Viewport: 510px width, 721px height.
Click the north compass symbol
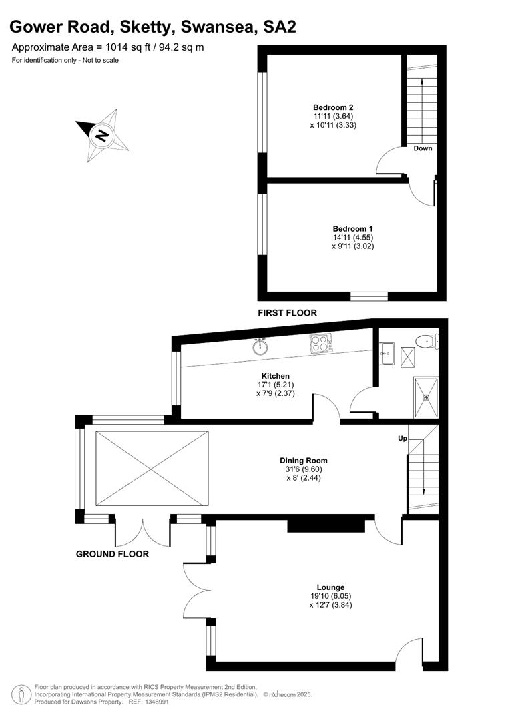[x=103, y=135]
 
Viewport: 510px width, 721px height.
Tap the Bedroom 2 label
[x=333, y=107]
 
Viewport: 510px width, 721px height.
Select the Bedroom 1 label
[x=352, y=229]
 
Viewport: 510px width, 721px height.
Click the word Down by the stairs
[x=423, y=148]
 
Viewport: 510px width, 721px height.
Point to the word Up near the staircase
[x=403, y=439]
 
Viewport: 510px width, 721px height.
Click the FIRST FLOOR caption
[x=288, y=313]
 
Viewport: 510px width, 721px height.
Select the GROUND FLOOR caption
[x=112, y=554]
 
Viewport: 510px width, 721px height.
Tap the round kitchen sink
[x=260, y=346]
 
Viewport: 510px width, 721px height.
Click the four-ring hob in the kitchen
[x=322, y=344]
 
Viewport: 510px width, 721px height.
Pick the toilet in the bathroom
[x=426, y=341]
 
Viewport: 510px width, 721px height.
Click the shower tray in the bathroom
[x=426, y=397]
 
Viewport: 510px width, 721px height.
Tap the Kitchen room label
[x=276, y=376]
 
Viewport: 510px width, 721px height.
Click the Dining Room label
[x=304, y=461]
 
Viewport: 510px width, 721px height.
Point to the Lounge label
[x=330, y=587]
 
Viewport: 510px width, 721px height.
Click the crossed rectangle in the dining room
[x=152, y=469]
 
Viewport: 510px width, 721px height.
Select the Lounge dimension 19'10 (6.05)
[x=330, y=596]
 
